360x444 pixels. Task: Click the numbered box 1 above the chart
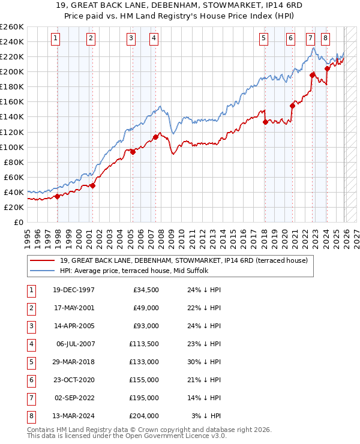tap(55, 38)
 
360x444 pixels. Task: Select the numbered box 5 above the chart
tap(264, 38)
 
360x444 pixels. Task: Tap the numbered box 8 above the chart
tap(325, 38)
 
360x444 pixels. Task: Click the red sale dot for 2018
tap(265, 122)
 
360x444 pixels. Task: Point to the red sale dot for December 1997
tap(57, 196)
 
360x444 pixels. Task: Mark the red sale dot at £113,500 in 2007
tap(155, 137)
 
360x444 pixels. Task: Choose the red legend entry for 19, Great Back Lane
tap(184, 260)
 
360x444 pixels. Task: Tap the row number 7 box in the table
tap(31, 398)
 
